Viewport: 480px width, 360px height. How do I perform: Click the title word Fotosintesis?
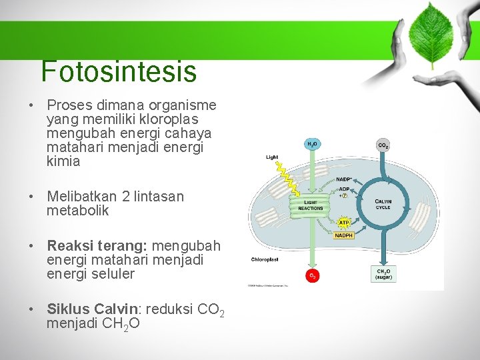pos(119,71)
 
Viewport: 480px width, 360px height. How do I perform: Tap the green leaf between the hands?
pos(431,33)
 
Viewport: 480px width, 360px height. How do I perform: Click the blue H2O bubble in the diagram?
pos(312,144)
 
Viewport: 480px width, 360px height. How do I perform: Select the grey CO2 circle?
pos(383,145)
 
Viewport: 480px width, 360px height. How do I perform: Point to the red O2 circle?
pos(312,275)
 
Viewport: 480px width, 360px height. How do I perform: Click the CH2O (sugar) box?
pos(384,273)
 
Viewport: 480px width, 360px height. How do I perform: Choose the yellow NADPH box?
pos(344,235)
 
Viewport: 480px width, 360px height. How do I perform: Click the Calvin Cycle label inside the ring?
pos(383,204)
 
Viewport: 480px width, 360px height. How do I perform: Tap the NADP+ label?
pos(344,179)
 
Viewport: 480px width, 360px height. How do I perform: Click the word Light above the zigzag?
pos(272,157)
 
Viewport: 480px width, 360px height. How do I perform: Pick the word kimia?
pos(63,161)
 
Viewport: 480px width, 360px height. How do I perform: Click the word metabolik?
pos(77,211)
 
